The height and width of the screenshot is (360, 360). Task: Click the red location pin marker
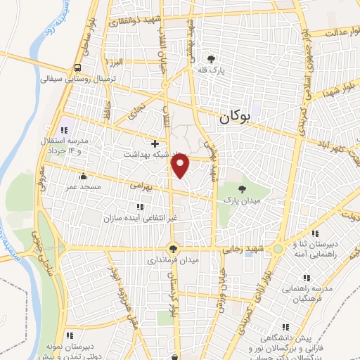point(181,165)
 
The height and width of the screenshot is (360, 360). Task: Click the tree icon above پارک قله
point(210,59)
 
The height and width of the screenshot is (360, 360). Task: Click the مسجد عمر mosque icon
point(84,176)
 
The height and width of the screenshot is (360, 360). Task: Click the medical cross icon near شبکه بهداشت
point(155,143)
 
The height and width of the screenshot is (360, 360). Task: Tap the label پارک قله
point(210,71)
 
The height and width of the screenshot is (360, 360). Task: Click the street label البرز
point(111,62)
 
